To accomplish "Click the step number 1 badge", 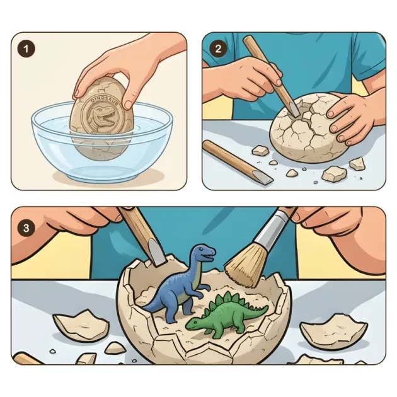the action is point(26,49).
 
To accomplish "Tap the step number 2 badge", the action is point(218,49).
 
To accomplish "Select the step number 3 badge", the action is point(26,228).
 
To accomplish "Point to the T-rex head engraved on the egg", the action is point(102,115).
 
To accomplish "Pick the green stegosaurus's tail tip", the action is point(267,308).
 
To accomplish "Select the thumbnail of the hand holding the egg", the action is point(127,104).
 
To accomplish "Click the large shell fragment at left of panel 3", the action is point(81,325).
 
